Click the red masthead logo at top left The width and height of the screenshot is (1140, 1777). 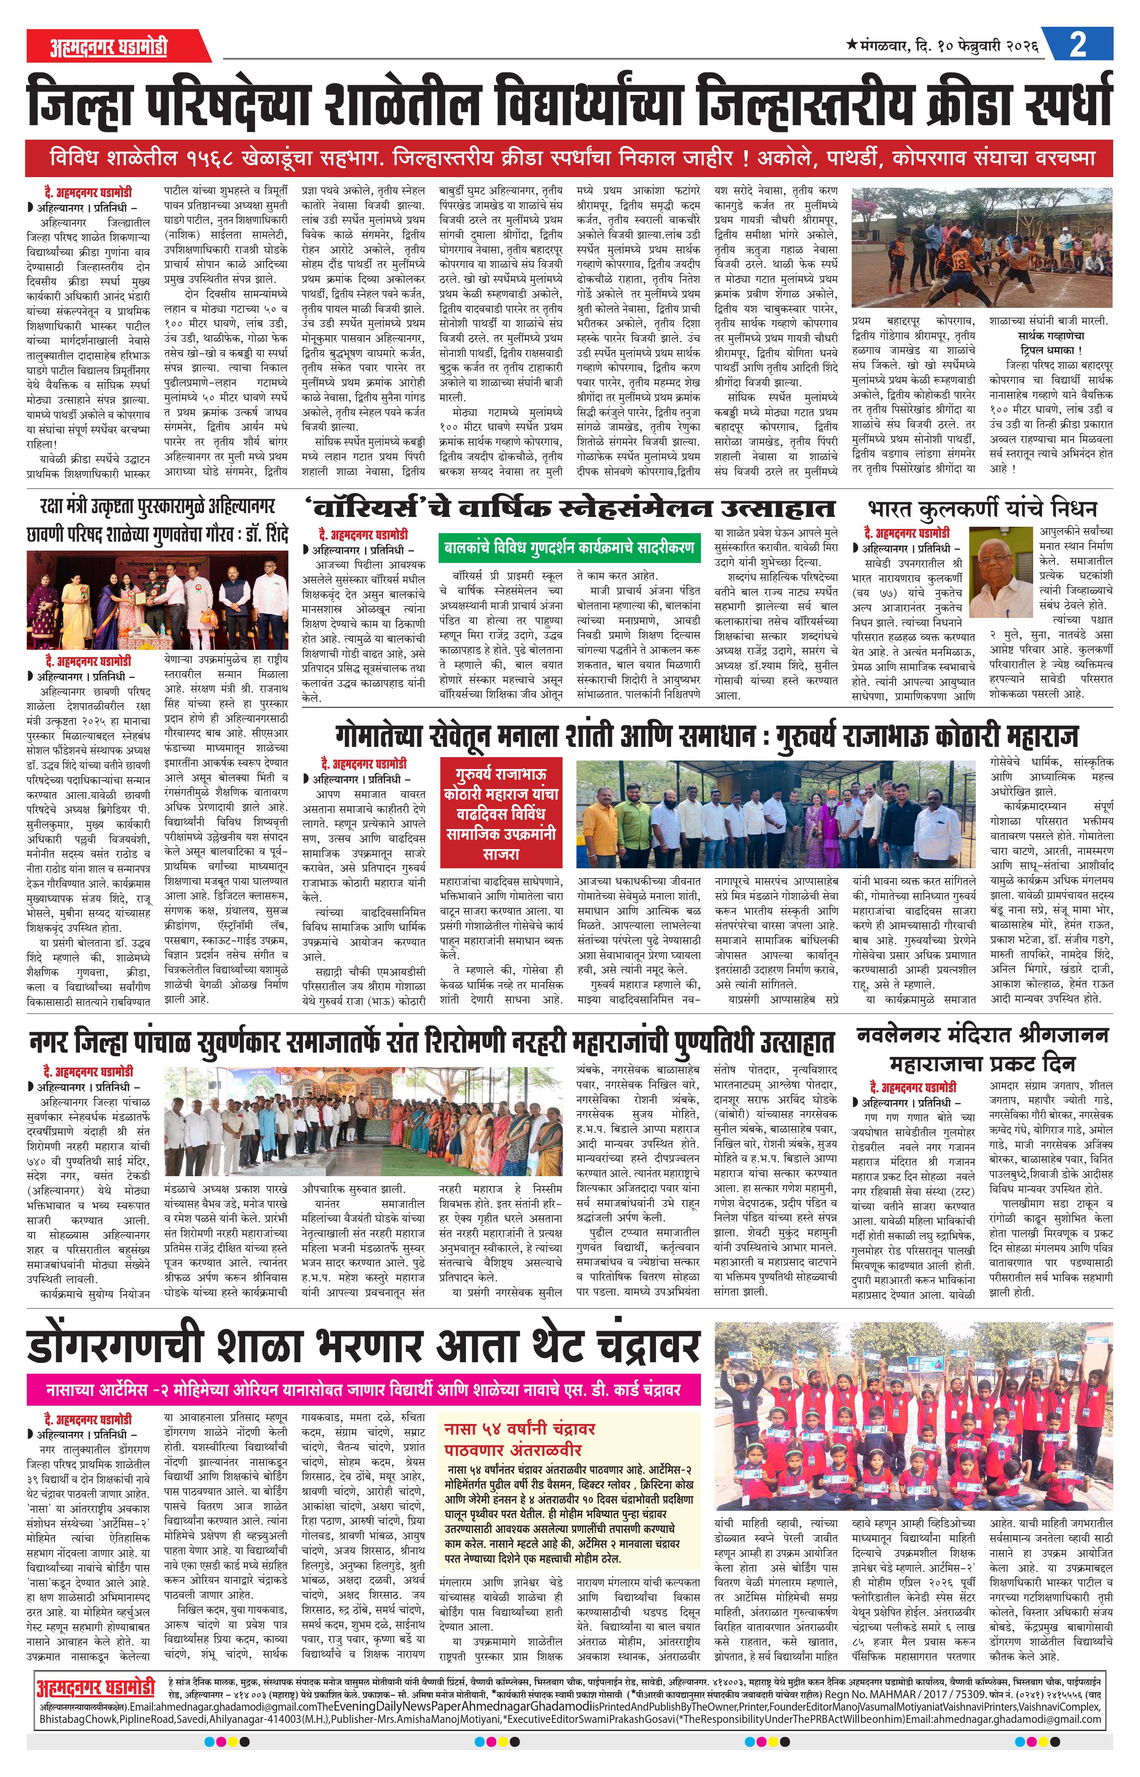pyautogui.click(x=109, y=47)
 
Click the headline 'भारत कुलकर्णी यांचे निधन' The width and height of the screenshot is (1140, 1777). pyautogui.click(x=982, y=508)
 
